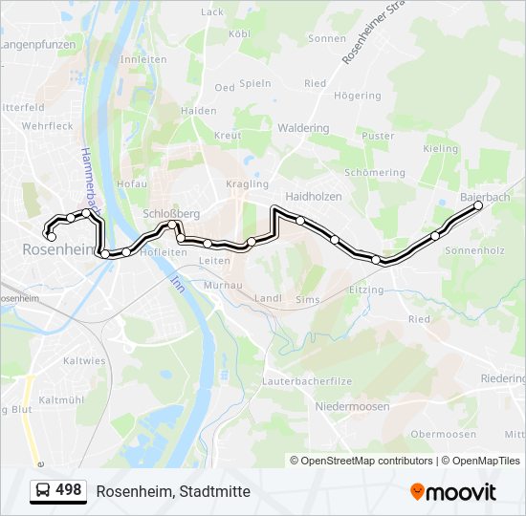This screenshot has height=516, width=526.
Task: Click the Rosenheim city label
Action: click(x=54, y=248)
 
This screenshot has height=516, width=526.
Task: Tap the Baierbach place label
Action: click(x=485, y=196)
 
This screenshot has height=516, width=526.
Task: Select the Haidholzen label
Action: click(x=314, y=196)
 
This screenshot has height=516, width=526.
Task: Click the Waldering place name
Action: click(x=303, y=128)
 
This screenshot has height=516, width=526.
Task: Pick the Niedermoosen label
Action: click(x=352, y=406)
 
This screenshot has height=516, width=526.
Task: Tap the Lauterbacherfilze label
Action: click(x=307, y=380)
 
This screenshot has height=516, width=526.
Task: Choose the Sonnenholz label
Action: click(x=474, y=249)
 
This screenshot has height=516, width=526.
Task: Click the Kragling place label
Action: click(x=247, y=183)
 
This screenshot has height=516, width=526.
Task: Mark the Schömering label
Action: click(x=374, y=173)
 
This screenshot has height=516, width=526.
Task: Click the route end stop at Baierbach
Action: click(x=478, y=205)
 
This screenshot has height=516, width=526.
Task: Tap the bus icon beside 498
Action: click(x=43, y=490)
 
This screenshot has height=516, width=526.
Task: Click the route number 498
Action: click(x=69, y=490)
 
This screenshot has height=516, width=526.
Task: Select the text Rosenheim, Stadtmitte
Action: click(x=173, y=491)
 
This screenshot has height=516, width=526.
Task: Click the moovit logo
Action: click(x=453, y=491)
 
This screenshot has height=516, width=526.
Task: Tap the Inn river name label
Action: click(x=176, y=283)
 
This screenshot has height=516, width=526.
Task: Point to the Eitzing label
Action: click(x=366, y=290)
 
